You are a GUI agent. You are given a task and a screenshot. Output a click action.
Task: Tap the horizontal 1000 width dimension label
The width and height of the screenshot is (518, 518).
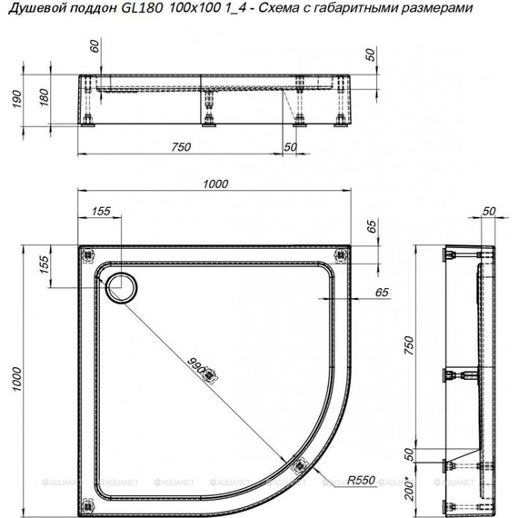point(215,183)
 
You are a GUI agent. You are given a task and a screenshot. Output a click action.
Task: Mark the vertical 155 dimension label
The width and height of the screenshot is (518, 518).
point(42,266)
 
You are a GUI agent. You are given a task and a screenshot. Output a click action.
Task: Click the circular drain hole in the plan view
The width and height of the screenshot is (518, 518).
point(121,287)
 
